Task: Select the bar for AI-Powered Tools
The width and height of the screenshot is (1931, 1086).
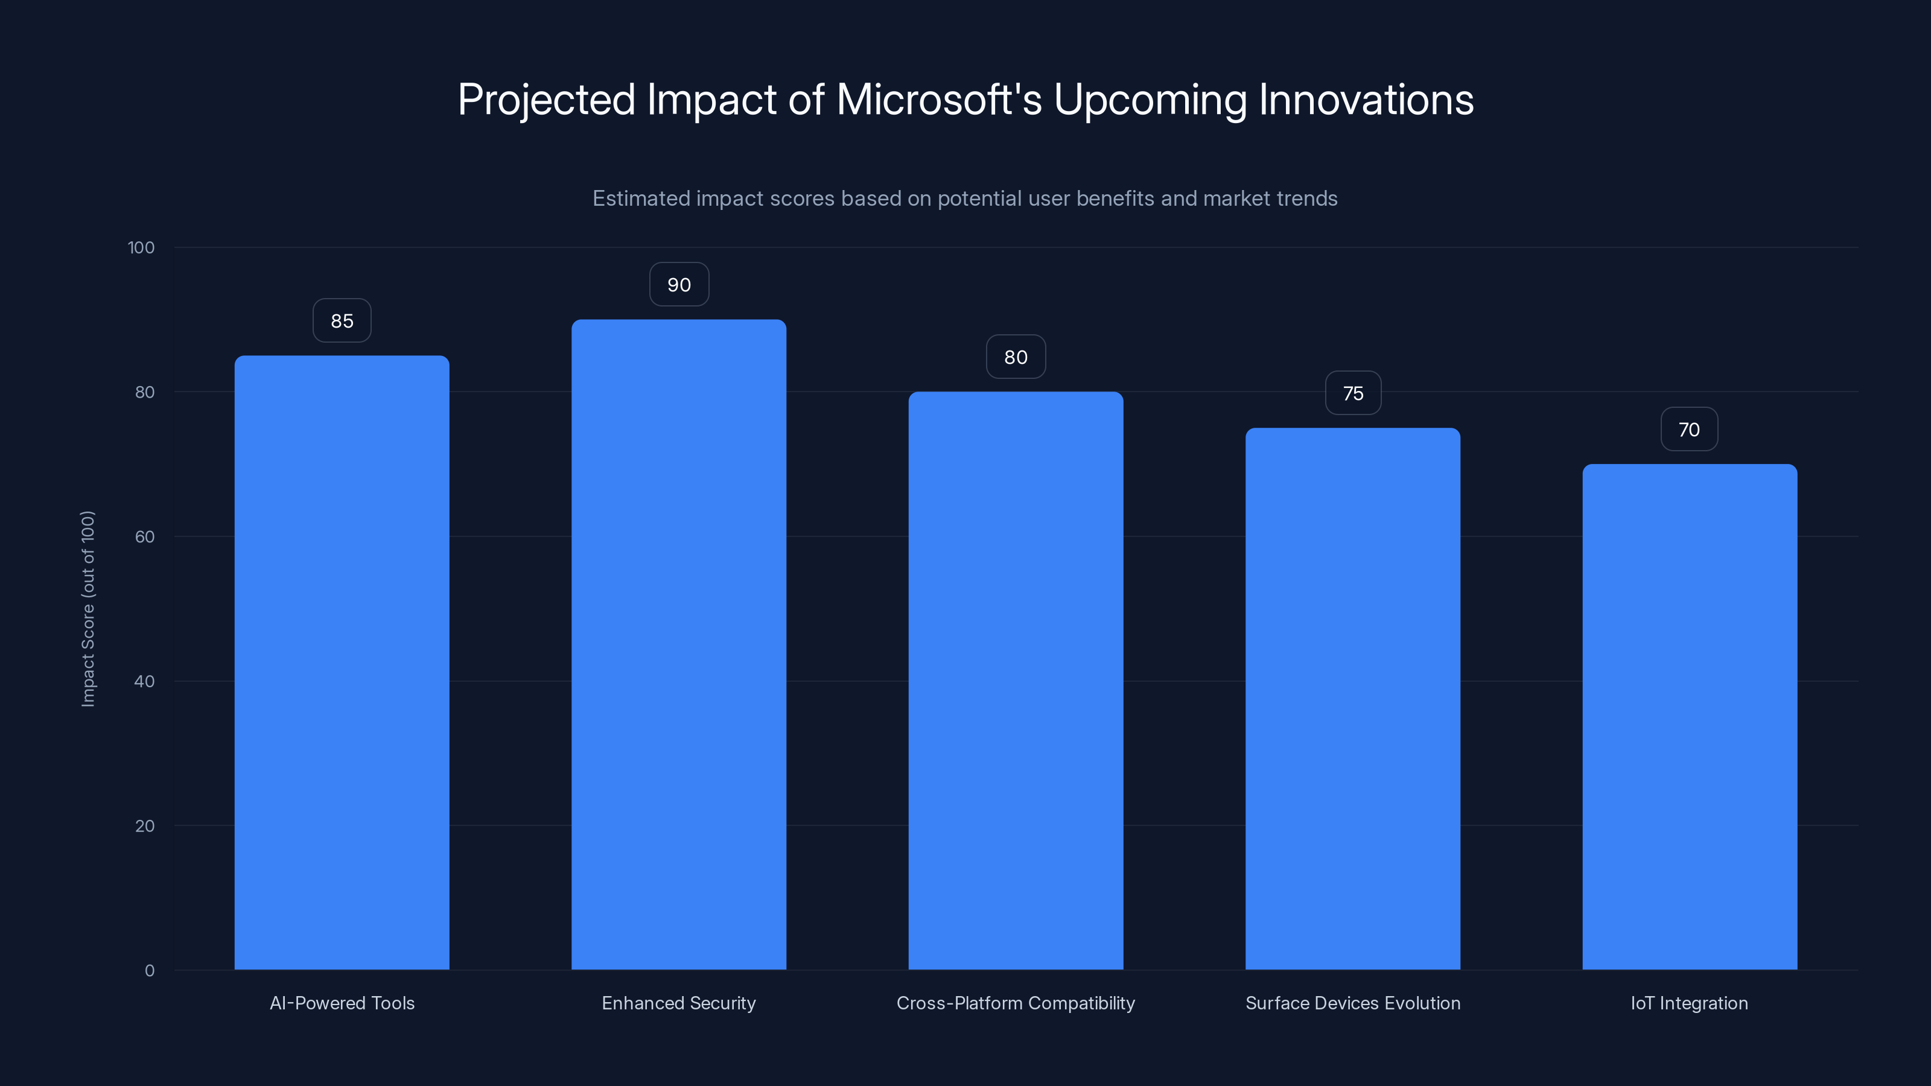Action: pyautogui.click(x=342, y=662)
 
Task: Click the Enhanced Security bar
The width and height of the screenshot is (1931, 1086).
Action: pyautogui.click(x=678, y=644)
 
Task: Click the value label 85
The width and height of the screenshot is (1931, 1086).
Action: pyautogui.click(x=342, y=321)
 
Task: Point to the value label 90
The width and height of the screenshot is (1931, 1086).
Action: pyautogui.click(x=678, y=285)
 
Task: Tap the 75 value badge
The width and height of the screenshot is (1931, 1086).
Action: pyautogui.click(x=1352, y=393)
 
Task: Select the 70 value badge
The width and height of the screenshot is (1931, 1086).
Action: pyautogui.click(x=1689, y=430)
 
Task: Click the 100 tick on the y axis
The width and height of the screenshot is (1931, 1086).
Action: pyautogui.click(x=141, y=247)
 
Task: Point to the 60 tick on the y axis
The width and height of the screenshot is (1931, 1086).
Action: pyautogui.click(x=145, y=536)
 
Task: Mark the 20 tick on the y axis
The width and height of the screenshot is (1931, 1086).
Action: pyautogui.click(x=145, y=826)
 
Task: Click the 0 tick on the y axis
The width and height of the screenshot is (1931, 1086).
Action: pyautogui.click(x=149, y=971)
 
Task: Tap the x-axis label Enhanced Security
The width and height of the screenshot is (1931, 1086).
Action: pyautogui.click(x=678, y=1003)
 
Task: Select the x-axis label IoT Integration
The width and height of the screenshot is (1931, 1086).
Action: pyautogui.click(x=1689, y=1003)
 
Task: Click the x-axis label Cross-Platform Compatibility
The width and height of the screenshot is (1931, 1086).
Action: pyautogui.click(x=1016, y=1003)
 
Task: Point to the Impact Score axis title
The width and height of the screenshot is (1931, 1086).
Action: pyautogui.click(x=87, y=609)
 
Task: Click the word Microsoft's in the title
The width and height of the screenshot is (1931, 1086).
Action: pyautogui.click(x=938, y=100)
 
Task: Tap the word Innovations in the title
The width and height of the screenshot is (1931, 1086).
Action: pyautogui.click(x=1366, y=100)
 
